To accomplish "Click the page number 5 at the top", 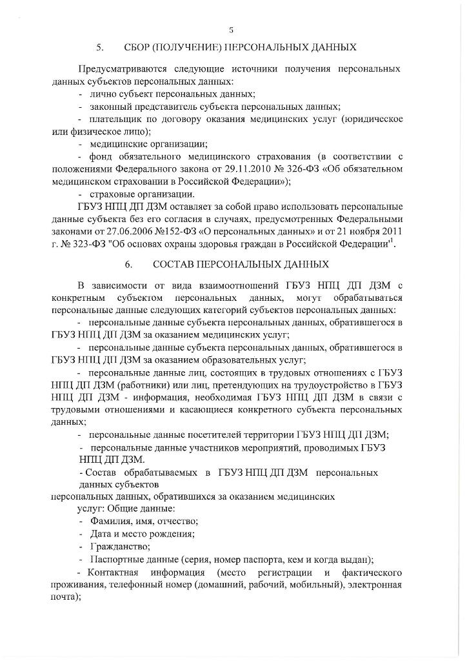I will (x=231, y=29).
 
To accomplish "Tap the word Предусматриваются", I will (x=119, y=68).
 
